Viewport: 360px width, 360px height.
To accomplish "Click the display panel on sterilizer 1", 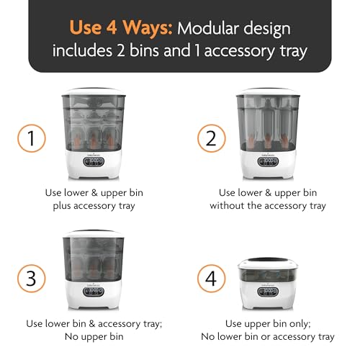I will pos(96,163).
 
